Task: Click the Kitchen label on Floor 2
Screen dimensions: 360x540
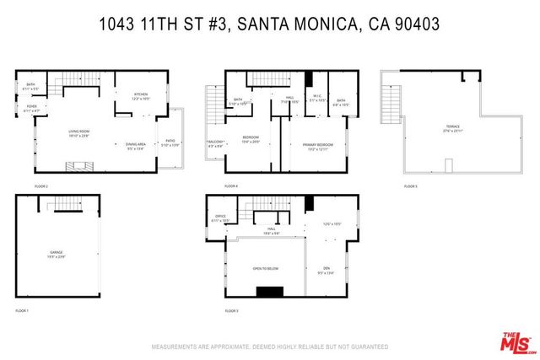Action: [x=140, y=95]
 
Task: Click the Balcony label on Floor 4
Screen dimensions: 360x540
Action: [x=215, y=143]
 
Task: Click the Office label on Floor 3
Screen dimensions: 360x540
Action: [x=220, y=218]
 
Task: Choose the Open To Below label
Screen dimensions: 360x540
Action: [x=265, y=269]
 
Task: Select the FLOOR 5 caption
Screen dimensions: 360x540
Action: [x=410, y=185]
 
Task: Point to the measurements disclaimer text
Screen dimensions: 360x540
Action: [x=269, y=347]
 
